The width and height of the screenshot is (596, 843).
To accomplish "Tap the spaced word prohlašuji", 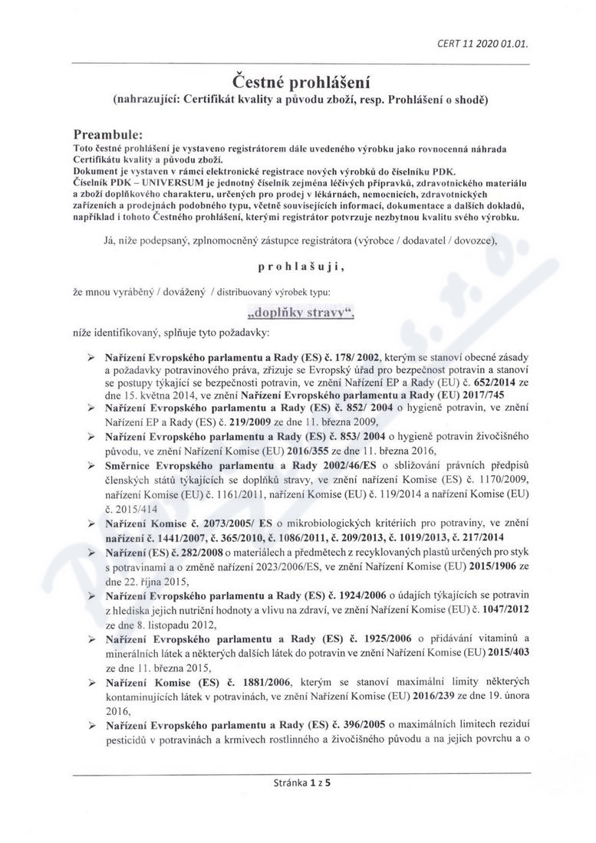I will [x=298, y=267].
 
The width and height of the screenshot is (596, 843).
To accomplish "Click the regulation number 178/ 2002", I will [x=364, y=358].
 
